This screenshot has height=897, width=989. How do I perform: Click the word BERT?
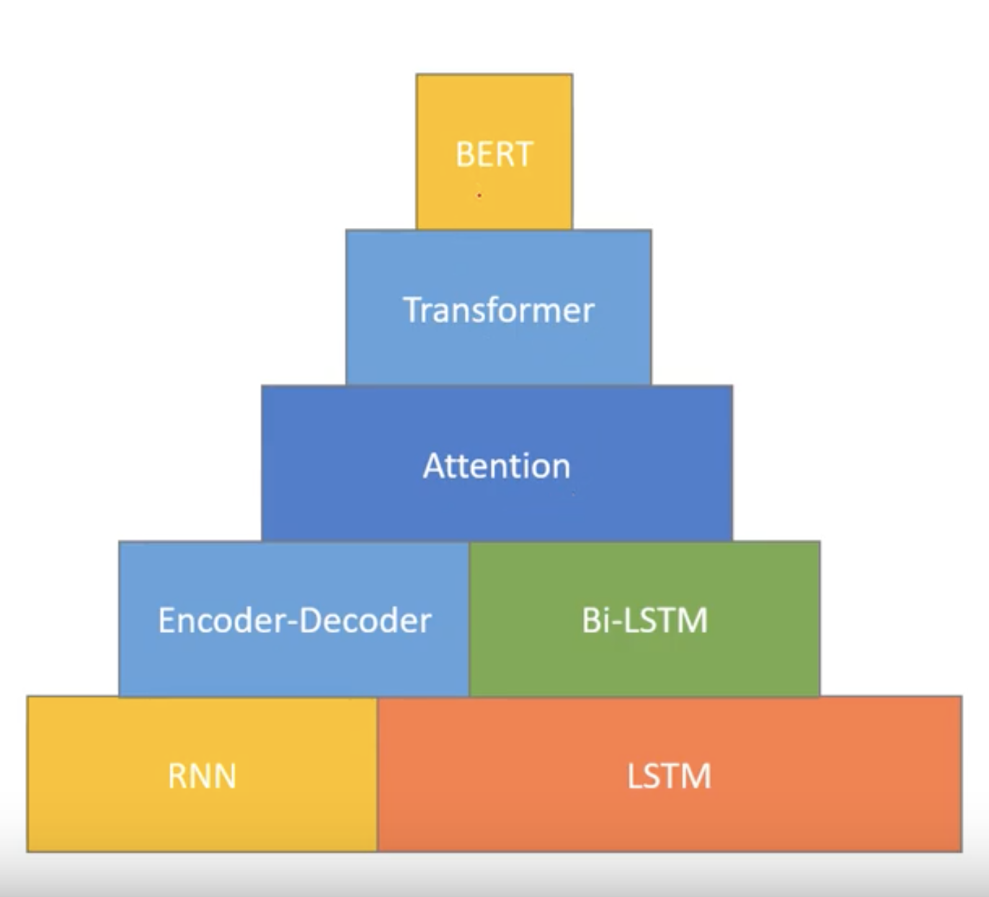(494, 154)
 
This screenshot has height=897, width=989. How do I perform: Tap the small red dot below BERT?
(479, 196)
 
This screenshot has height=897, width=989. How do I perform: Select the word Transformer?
(499, 310)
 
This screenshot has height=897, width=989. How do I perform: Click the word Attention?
(497, 465)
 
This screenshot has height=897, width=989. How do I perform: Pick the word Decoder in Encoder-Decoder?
(365, 619)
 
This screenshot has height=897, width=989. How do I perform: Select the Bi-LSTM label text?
(645, 619)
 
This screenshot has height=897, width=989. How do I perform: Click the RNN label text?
(202, 776)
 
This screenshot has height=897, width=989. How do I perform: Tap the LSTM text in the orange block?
(669, 776)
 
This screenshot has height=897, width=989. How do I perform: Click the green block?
(645, 619)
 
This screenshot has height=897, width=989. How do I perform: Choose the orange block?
(670, 774)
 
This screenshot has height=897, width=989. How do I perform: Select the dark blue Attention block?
(497, 464)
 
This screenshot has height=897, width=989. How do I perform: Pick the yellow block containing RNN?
(202, 774)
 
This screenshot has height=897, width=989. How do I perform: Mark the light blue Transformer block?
(498, 307)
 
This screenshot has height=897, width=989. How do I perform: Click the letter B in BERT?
(464, 154)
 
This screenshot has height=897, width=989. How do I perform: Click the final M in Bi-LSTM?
(694, 619)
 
